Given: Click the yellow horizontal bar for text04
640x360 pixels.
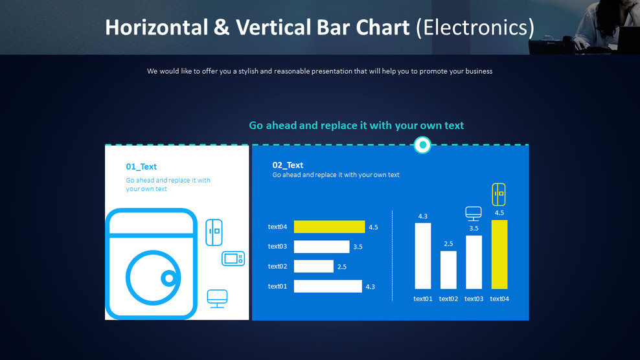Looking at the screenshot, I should tap(329, 227).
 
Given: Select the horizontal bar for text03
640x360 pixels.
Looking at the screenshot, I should tap(321, 247).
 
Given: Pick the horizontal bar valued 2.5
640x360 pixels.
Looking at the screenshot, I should tap(314, 266).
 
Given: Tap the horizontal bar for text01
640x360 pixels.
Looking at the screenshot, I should tap(328, 286).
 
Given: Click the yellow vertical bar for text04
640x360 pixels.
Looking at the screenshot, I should tap(499, 254).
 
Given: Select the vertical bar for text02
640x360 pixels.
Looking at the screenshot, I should tap(448, 269).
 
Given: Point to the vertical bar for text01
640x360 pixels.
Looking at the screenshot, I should tap(422, 256).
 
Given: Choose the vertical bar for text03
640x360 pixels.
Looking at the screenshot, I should tap(474, 262).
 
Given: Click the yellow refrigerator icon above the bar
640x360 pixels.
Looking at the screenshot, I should tap(499, 194).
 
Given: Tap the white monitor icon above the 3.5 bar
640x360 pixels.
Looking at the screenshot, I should tap(474, 214).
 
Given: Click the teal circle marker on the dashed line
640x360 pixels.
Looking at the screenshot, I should tap(422, 145).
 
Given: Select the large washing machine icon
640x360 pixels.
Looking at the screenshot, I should tap(151, 264).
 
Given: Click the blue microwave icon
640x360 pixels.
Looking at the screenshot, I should tap(233, 258).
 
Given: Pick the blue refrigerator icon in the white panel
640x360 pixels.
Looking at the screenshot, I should tap(214, 232).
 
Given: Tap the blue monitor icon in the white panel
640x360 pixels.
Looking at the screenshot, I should tap(217, 298).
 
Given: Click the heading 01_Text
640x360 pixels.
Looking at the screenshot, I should tap(141, 167).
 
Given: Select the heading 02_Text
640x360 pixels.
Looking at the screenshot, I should tap(288, 165).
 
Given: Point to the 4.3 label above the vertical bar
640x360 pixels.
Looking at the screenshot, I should tap(422, 216).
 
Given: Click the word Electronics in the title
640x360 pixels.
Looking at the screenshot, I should tap(475, 27).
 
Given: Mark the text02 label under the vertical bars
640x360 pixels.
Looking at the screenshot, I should tap(448, 298).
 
